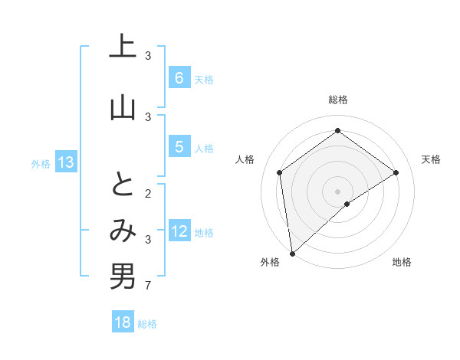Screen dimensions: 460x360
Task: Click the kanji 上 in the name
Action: coord(123,47)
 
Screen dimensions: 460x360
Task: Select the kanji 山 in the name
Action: coord(123,107)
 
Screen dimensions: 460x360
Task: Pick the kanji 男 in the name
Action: coord(123,277)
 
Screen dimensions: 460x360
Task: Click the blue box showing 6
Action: coord(179,78)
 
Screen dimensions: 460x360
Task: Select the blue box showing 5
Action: coord(179,147)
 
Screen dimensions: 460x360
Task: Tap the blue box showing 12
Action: coord(179,231)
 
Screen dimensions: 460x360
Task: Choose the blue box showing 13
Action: coord(65,162)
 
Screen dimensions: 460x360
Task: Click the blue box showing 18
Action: coord(123,322)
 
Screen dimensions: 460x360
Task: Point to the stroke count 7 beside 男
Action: coord(148,286)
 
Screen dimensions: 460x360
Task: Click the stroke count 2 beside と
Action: coord(148,194)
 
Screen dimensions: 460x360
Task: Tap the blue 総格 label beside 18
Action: coord(147,324)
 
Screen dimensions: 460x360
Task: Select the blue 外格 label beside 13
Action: coord(41,163)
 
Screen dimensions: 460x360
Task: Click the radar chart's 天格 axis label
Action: coord(431,159)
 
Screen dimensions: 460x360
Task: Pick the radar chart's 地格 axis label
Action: coord(402,262)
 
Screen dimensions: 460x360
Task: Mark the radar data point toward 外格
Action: coord(291,253)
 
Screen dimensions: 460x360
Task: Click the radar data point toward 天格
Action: coord(396,172)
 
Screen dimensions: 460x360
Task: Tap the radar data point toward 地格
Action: coord(347,204)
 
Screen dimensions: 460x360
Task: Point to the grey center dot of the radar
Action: coord(337,191)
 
